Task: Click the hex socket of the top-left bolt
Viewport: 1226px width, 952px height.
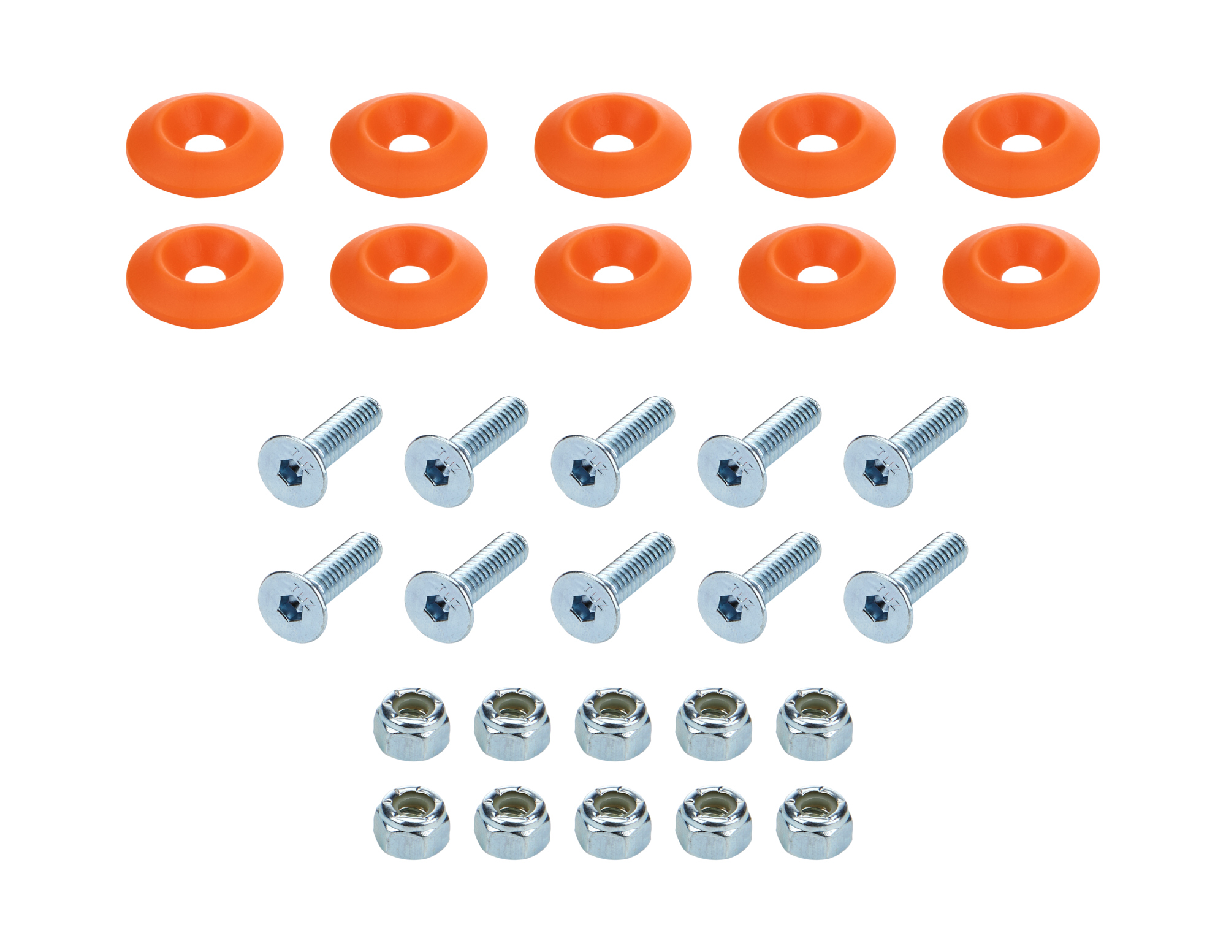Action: coord(287,473)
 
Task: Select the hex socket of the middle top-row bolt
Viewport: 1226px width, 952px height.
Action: coord(580,473)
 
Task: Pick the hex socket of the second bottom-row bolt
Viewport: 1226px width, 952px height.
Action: coord(433,608)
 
